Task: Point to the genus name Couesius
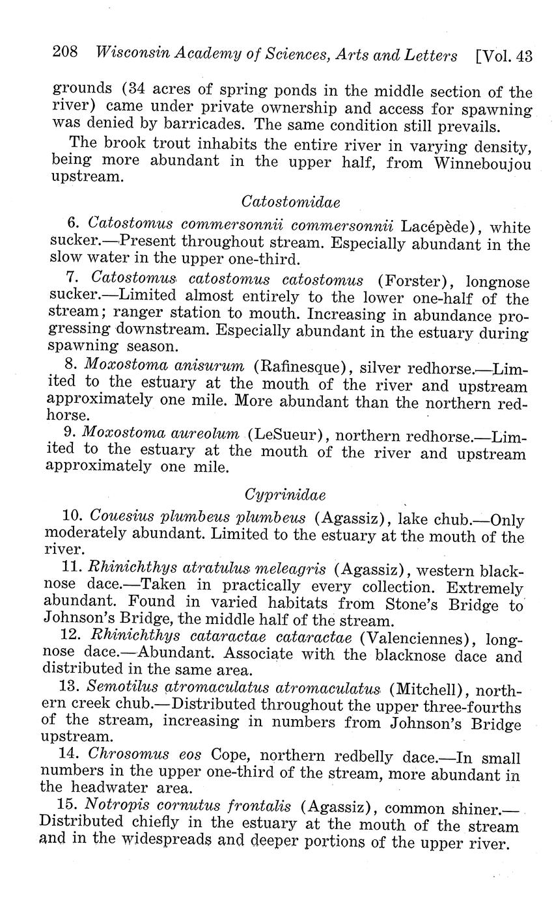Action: [122, 517]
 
